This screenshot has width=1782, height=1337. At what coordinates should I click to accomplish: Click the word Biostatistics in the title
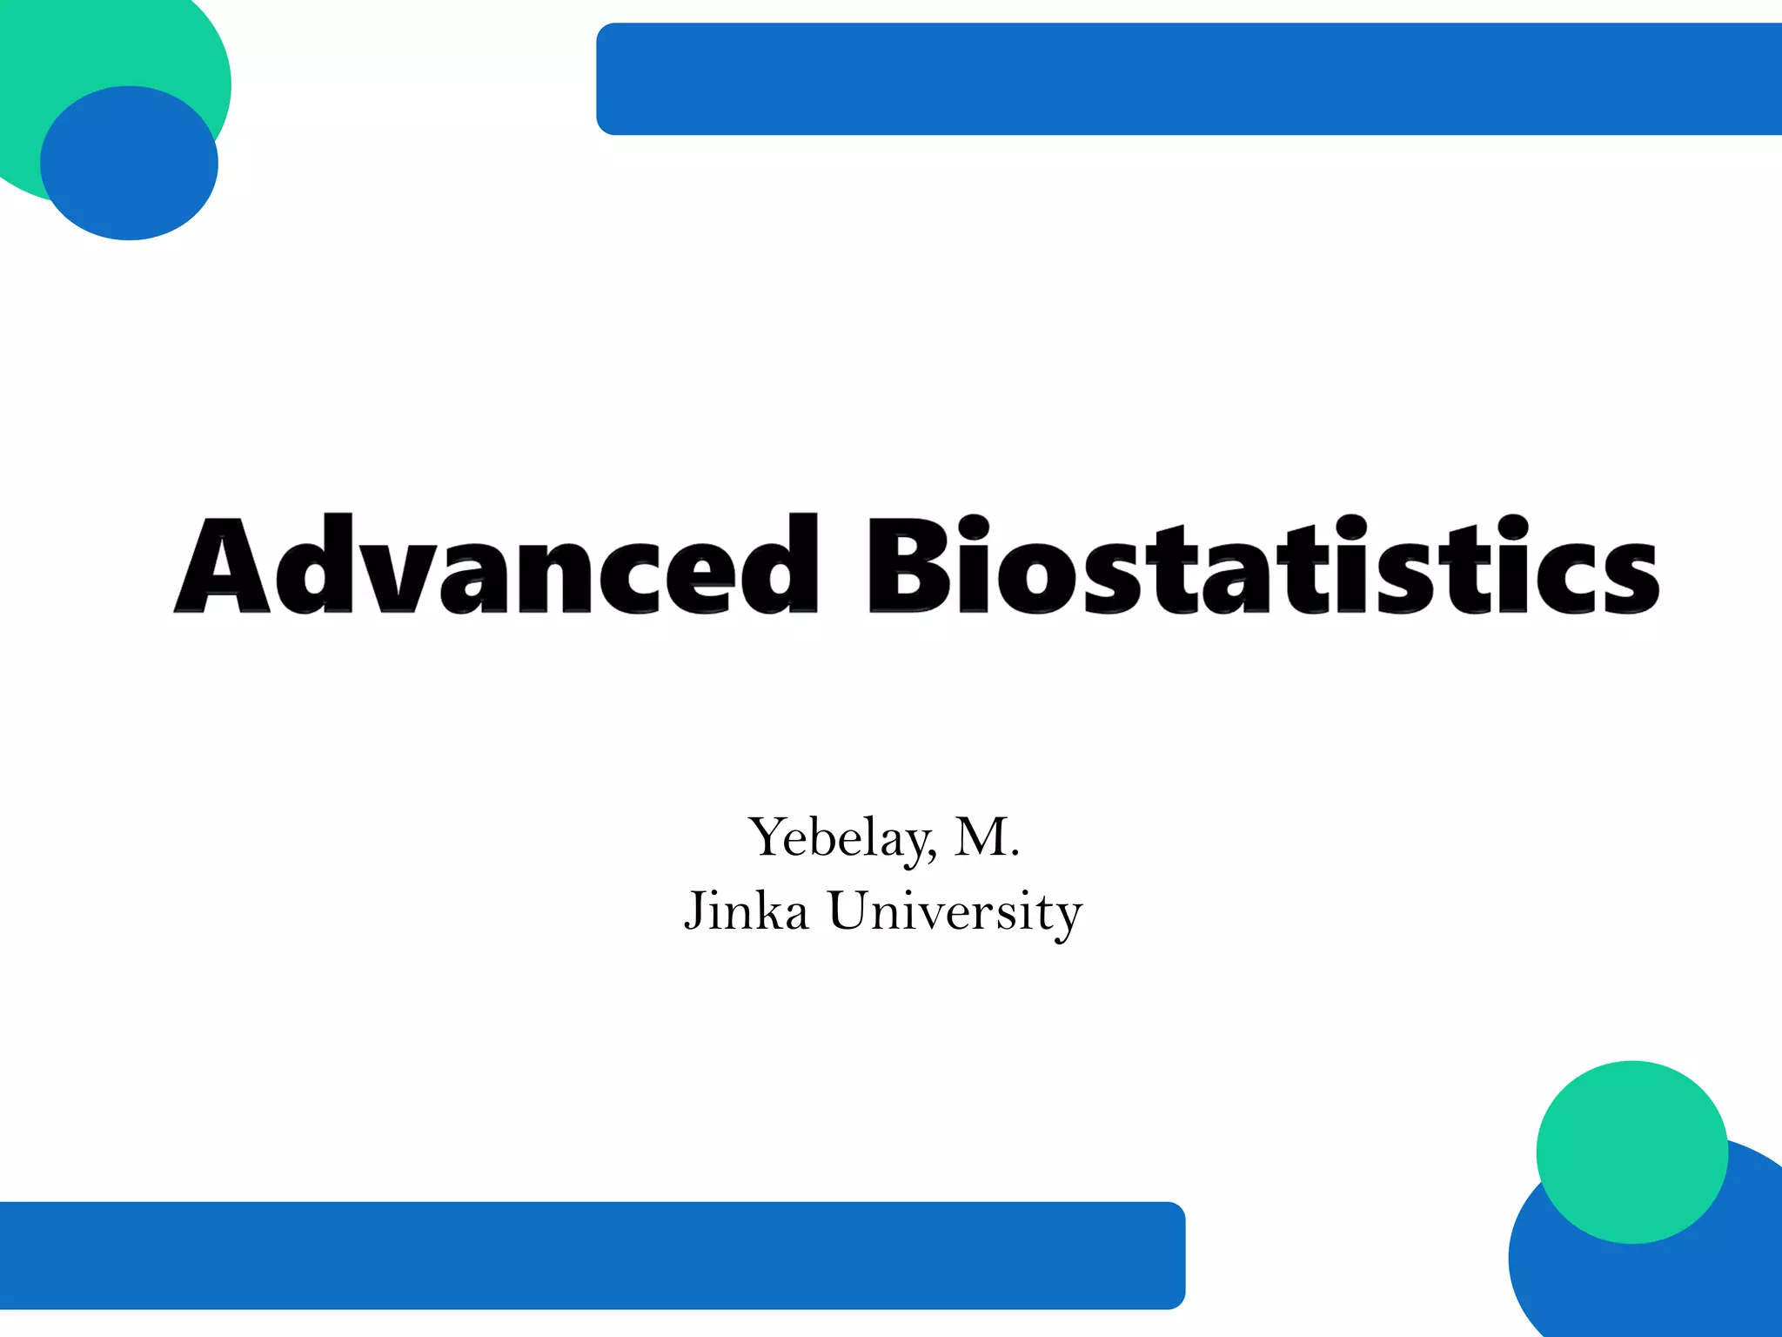click(1262, 566)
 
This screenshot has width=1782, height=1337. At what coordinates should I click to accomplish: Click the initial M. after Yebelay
click(985, 837)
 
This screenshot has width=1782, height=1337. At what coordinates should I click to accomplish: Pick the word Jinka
click(747, 911)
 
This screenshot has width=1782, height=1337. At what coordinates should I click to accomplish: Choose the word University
click(955, 911)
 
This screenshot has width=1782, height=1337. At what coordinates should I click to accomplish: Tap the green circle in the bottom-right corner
click(1631, 1152)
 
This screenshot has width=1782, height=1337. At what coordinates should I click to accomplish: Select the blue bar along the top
click(1183, 78)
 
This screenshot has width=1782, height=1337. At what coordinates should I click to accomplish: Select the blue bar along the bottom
click(592, 1255)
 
